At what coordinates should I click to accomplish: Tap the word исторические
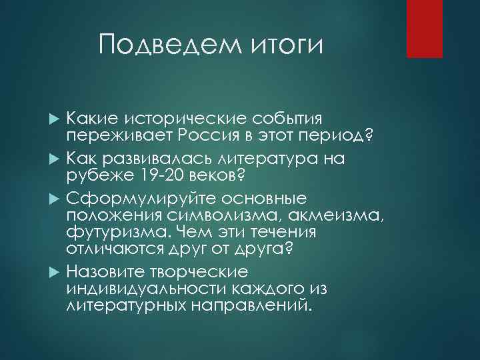tap(175, 119)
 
